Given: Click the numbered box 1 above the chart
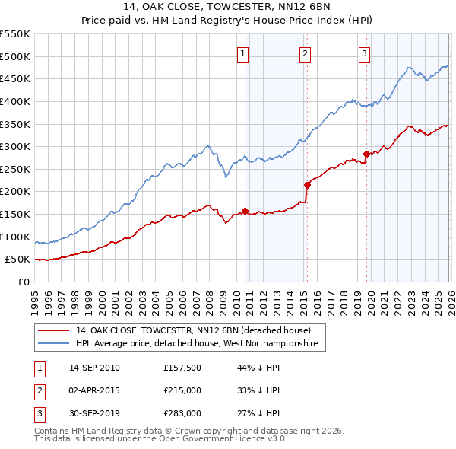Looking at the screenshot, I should tap(242, 53).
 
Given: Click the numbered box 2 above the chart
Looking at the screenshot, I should tap(304, 53).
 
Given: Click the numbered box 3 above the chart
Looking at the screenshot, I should tap(365, 53).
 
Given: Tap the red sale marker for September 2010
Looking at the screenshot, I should tap(245, 211).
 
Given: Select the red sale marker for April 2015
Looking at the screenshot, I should tap(307, 185).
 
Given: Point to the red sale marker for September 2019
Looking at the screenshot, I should tap(366, 154).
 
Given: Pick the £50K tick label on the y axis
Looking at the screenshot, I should tap(18, 260).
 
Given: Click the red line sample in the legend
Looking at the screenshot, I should tap(54, 331).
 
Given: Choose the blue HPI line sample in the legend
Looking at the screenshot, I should tap(54, 344).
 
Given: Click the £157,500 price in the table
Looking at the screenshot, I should tap(182, 368).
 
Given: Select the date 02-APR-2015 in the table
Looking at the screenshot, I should tap(94, 390).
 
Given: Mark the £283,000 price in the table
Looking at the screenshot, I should tap(182, 413).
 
